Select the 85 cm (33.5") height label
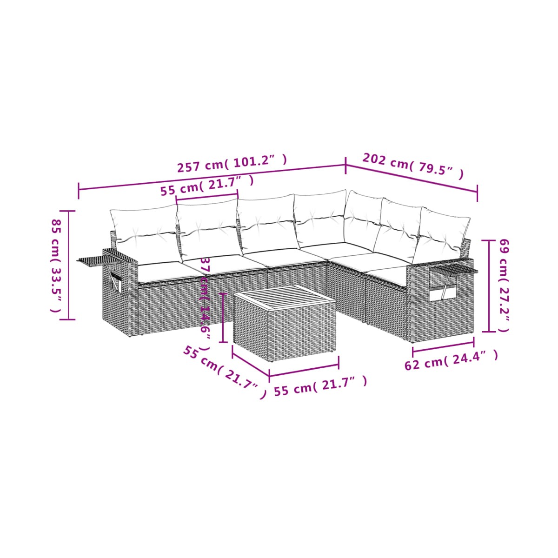point(56,266)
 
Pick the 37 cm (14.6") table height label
point(205,304)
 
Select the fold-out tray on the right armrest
point(453,269)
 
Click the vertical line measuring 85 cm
point(69,265)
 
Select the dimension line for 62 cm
point(443,347)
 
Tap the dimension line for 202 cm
point(411,178)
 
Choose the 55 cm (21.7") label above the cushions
point(207,186)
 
